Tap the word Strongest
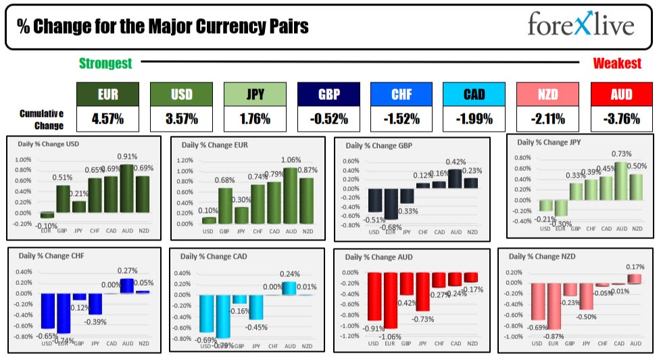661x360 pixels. coord(105,63)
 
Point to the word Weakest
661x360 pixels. coord(617,63)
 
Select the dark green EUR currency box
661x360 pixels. coord(107,95)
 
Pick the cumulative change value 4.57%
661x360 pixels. coord(107,119)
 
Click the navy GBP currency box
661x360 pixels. coord(328,95)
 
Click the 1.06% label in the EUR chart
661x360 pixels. coord(291,160)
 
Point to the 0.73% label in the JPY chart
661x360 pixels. coord(621,154)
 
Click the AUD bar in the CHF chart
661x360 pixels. coord(126,286)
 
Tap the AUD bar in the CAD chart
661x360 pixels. coord(289,288)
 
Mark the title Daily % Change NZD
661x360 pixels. coord(544,257)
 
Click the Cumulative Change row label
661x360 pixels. coord(41,120)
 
